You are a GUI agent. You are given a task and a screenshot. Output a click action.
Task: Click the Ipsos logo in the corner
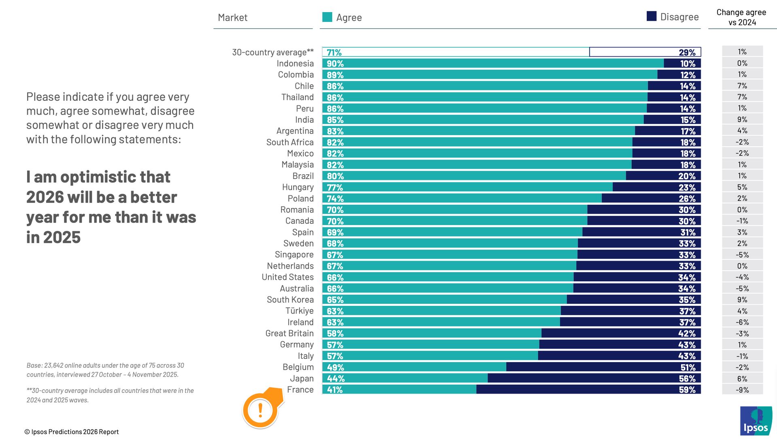point(756,421)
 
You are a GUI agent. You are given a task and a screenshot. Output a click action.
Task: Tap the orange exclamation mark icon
point(260,410)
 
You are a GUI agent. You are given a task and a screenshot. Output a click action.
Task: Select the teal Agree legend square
point(327,17)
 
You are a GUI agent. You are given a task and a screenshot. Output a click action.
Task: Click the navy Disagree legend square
point(651,16)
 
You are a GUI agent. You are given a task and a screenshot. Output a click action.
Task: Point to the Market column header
point(232,17)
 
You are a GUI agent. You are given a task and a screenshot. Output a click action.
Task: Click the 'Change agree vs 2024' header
point(741,17)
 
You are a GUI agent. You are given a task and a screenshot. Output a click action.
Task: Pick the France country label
point(300,390)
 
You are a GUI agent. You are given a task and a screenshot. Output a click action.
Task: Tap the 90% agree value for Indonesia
point(335,64)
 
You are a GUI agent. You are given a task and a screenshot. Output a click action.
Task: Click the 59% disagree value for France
point(687,390)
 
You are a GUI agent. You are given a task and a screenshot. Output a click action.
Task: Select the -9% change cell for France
point(742,390)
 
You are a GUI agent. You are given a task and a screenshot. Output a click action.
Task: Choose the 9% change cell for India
point(742,120)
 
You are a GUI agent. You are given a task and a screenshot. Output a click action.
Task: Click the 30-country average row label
point(272,52)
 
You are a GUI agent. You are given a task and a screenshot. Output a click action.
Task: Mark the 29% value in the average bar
point(687,52)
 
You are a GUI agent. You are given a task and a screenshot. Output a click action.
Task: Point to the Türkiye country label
point(299,311)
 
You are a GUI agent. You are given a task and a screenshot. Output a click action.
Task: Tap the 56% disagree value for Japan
point(687,379)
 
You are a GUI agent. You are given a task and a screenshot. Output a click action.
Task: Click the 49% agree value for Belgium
point(335,367)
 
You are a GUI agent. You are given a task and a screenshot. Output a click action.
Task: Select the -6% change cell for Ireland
point(742,322)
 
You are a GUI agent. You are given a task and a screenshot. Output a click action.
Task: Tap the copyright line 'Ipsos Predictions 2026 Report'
point(72,432)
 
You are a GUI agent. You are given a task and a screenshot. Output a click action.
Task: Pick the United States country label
point(288,277)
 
